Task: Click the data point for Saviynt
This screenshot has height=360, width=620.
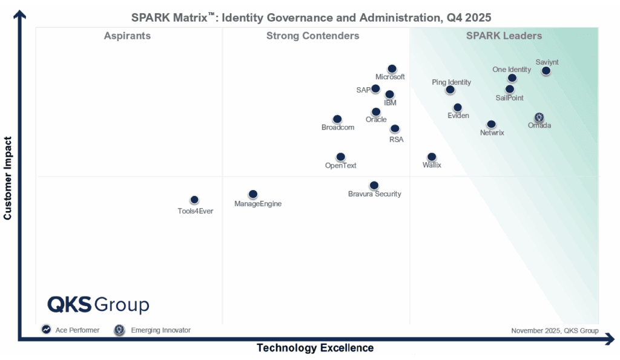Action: (x=546, y=71)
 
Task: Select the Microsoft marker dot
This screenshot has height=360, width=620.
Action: (x=392, y=69)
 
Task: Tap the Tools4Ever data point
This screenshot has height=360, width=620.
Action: (x=194, y=200)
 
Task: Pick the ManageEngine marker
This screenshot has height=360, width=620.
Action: (x=253, y=194)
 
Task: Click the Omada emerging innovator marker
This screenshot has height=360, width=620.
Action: (x=539, y=117)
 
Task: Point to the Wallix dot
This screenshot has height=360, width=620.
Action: (x=432, y=157)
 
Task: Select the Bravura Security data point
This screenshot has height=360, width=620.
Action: (x=374, y=185)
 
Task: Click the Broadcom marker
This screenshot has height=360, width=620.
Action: (x=337, y=119)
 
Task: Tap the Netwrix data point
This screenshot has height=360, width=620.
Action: (x=492, y=124)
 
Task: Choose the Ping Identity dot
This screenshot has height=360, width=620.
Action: (x=450, y=90)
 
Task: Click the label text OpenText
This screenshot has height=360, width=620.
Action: (x=341, y=165)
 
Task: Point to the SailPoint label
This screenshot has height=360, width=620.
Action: (x=509, y=98)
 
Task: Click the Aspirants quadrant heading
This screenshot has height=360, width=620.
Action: (x=127, y=36)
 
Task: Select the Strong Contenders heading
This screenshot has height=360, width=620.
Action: (x=312, y=36)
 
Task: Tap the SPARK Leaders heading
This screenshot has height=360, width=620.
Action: (x=504, y=36)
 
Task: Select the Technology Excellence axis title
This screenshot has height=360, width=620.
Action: (x=315, y=348)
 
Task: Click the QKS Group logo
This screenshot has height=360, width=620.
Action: (x=98, y=304)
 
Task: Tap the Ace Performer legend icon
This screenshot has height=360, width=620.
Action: (x=46, y=330)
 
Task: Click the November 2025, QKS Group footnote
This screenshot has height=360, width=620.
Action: (x=555, y=331)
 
